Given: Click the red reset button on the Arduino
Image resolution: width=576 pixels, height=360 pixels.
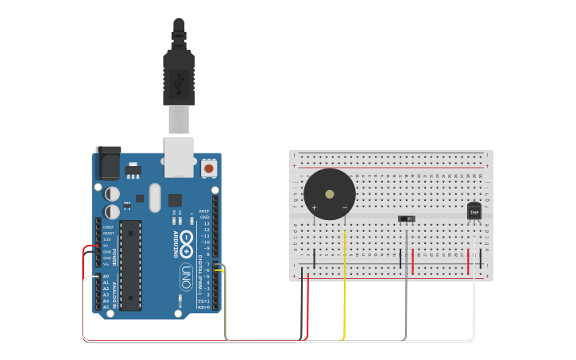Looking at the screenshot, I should [x=209, y=168].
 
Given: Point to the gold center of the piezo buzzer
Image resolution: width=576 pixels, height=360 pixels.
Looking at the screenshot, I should [x=329, y=193].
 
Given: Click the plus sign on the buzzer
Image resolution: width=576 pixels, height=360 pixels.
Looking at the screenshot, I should [x=314, y=208].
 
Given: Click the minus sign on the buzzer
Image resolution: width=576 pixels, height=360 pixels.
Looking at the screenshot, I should [x=345, y=208].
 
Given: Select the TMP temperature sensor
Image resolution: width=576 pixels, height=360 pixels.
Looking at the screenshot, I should [x=474, y=211].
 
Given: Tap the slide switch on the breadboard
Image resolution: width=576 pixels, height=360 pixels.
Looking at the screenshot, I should [x=407, y=218].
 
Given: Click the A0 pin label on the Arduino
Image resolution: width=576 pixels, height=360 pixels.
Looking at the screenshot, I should [x=106, y=276].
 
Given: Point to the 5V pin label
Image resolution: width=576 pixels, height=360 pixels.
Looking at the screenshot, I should [x=106, y=246].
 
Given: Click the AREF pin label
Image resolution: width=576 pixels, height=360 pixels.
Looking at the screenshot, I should [x=204, y=211].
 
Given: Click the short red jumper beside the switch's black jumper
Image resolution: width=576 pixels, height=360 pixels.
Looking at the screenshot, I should [x=412, y=259].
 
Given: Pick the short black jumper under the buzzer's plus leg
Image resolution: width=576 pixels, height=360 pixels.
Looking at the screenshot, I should [x=315, y=258].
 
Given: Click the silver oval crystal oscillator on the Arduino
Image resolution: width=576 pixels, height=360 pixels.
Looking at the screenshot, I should [x=154, y=197].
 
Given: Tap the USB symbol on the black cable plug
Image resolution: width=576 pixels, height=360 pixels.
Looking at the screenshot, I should [x=179, y=79].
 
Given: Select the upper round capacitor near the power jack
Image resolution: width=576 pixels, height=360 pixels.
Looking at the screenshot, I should [x=113, y=193].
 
